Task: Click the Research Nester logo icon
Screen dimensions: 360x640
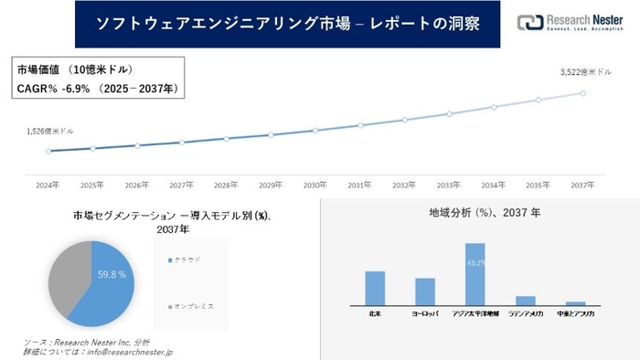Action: tap(528, 23)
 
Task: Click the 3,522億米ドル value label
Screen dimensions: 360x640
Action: tap(585, 71)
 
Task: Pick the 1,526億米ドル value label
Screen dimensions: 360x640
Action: tap(48, 132)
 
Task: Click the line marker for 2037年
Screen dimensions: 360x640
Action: tap(583, 92)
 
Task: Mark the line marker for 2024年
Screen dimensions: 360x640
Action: tap(48, 151)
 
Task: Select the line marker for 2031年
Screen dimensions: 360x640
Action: tap(360, 125)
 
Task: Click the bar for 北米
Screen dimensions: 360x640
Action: tap(375, 288)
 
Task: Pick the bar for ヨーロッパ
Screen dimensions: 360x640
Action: tap(425, 291)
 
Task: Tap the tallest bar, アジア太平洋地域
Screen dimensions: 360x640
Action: tap(475, 273)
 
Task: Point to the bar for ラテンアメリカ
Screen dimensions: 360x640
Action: tap(525, 300)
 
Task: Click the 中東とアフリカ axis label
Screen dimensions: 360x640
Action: tap(575, 313)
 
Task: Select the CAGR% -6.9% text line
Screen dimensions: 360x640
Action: tap(98, 89)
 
